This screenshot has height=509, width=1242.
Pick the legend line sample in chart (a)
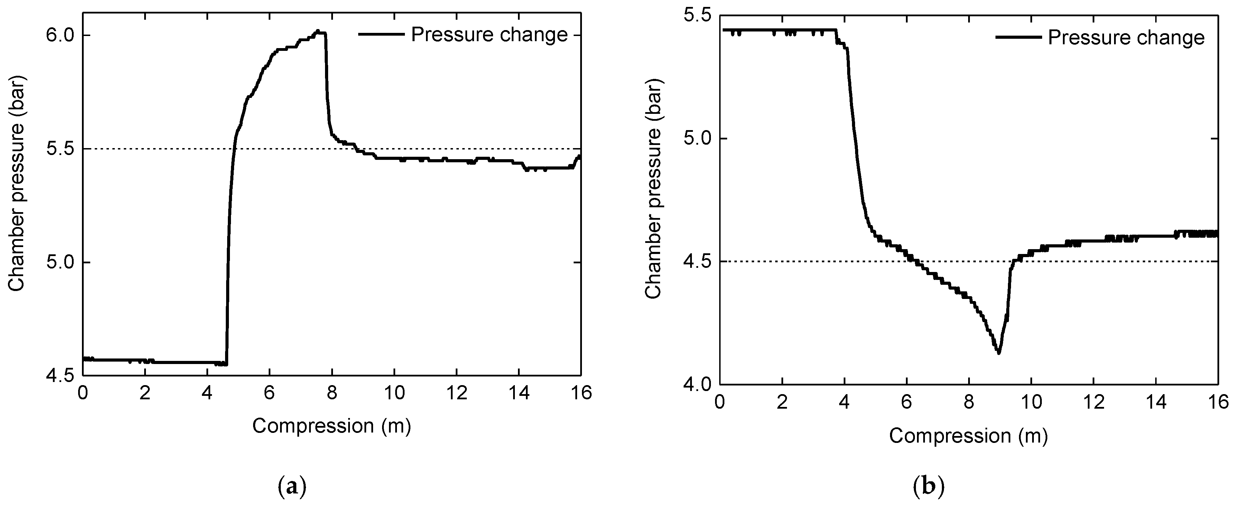[x=381, y=34]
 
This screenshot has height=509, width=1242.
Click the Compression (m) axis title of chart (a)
[x=332, y=426]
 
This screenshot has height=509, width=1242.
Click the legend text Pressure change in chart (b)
[x=1126, y=38]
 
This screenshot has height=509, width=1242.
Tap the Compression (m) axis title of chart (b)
[x=968, y=436]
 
